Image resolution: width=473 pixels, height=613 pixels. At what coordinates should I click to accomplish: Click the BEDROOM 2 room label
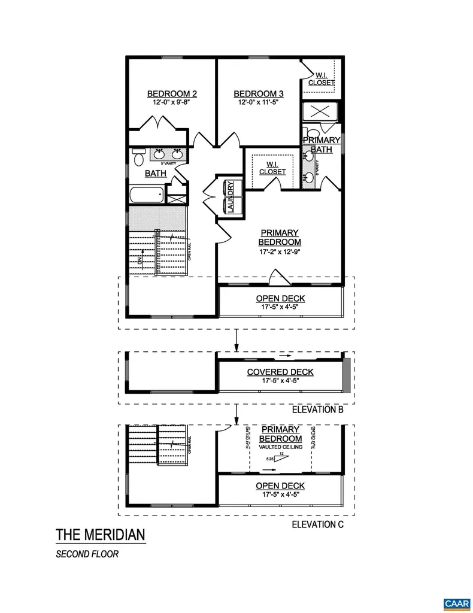172,93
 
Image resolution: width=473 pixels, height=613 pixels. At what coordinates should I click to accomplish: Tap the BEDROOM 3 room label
258,93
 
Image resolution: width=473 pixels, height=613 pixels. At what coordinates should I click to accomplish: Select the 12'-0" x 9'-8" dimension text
172,102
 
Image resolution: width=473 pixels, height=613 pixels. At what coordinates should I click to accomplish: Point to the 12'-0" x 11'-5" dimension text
258,102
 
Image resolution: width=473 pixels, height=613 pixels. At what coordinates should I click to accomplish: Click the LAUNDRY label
229,196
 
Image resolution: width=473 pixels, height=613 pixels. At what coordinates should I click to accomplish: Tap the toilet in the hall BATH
139,157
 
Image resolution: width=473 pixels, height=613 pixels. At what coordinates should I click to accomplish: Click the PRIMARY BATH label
322,144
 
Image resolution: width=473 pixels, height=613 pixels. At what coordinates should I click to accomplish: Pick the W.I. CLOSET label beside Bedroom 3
321,78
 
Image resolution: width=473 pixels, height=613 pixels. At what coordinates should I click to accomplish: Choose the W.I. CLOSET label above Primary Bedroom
272,167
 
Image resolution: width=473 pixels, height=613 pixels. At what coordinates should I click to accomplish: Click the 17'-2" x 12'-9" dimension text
279,252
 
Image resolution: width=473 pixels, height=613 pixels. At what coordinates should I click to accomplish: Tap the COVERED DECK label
280,372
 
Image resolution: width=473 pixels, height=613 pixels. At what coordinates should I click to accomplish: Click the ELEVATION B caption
316,410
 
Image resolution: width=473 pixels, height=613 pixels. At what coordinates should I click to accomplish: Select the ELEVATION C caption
316,524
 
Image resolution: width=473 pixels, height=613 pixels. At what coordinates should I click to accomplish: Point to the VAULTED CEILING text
280,447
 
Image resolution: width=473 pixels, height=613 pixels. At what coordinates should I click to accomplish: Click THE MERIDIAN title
100,534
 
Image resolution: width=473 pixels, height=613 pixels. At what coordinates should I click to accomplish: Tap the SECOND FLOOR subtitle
87,554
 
